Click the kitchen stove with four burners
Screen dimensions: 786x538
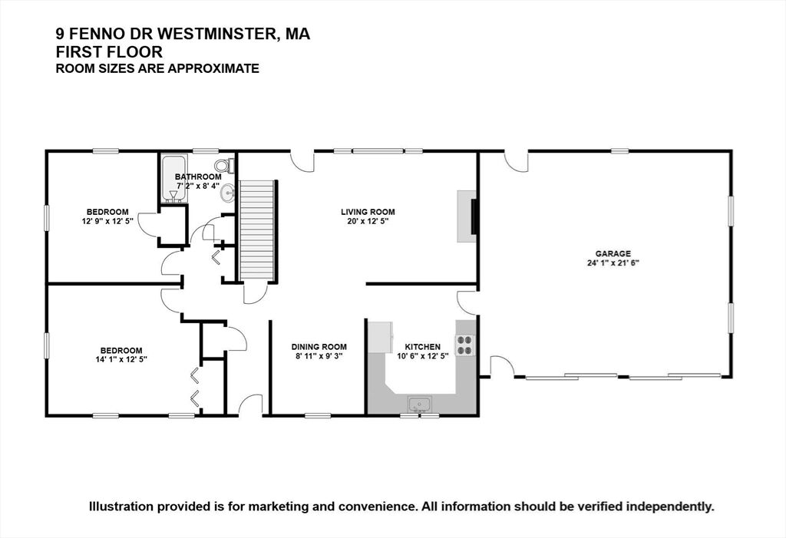pyautogui.click(x=464, y=345)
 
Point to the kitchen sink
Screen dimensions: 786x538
pyautogui.click(x=420, y=404)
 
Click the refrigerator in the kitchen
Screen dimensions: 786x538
pyautogui.click(x=381, y=336)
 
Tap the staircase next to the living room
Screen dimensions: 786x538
pyautogui.click(x=257, y=230)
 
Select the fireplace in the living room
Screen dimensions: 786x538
pyautogui.click(x=467, y=216)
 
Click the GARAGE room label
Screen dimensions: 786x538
pyautogui.click(x=613, y=254)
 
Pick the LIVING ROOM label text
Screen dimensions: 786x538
pyautogui.click(x=368, y=212)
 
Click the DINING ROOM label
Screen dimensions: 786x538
pyautogui.click(x=319, y=347)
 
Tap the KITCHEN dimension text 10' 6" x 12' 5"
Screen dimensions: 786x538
pyautogui.click(x=423, y=356)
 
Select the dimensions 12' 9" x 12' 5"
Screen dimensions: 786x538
pyautogui.click(x=107, y=220)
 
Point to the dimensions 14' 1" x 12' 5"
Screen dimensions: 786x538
pyautogui.click(x=121, y=359)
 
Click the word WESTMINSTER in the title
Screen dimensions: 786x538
pyautogui.click(x=219, y=34)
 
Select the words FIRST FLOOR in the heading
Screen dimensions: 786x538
pyautogui.click(x=109, y=51)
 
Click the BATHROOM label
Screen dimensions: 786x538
pyautogui.click(x=198, y=177)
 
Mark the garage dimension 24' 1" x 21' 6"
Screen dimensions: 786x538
pyautogui.click(x=613, y=262)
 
